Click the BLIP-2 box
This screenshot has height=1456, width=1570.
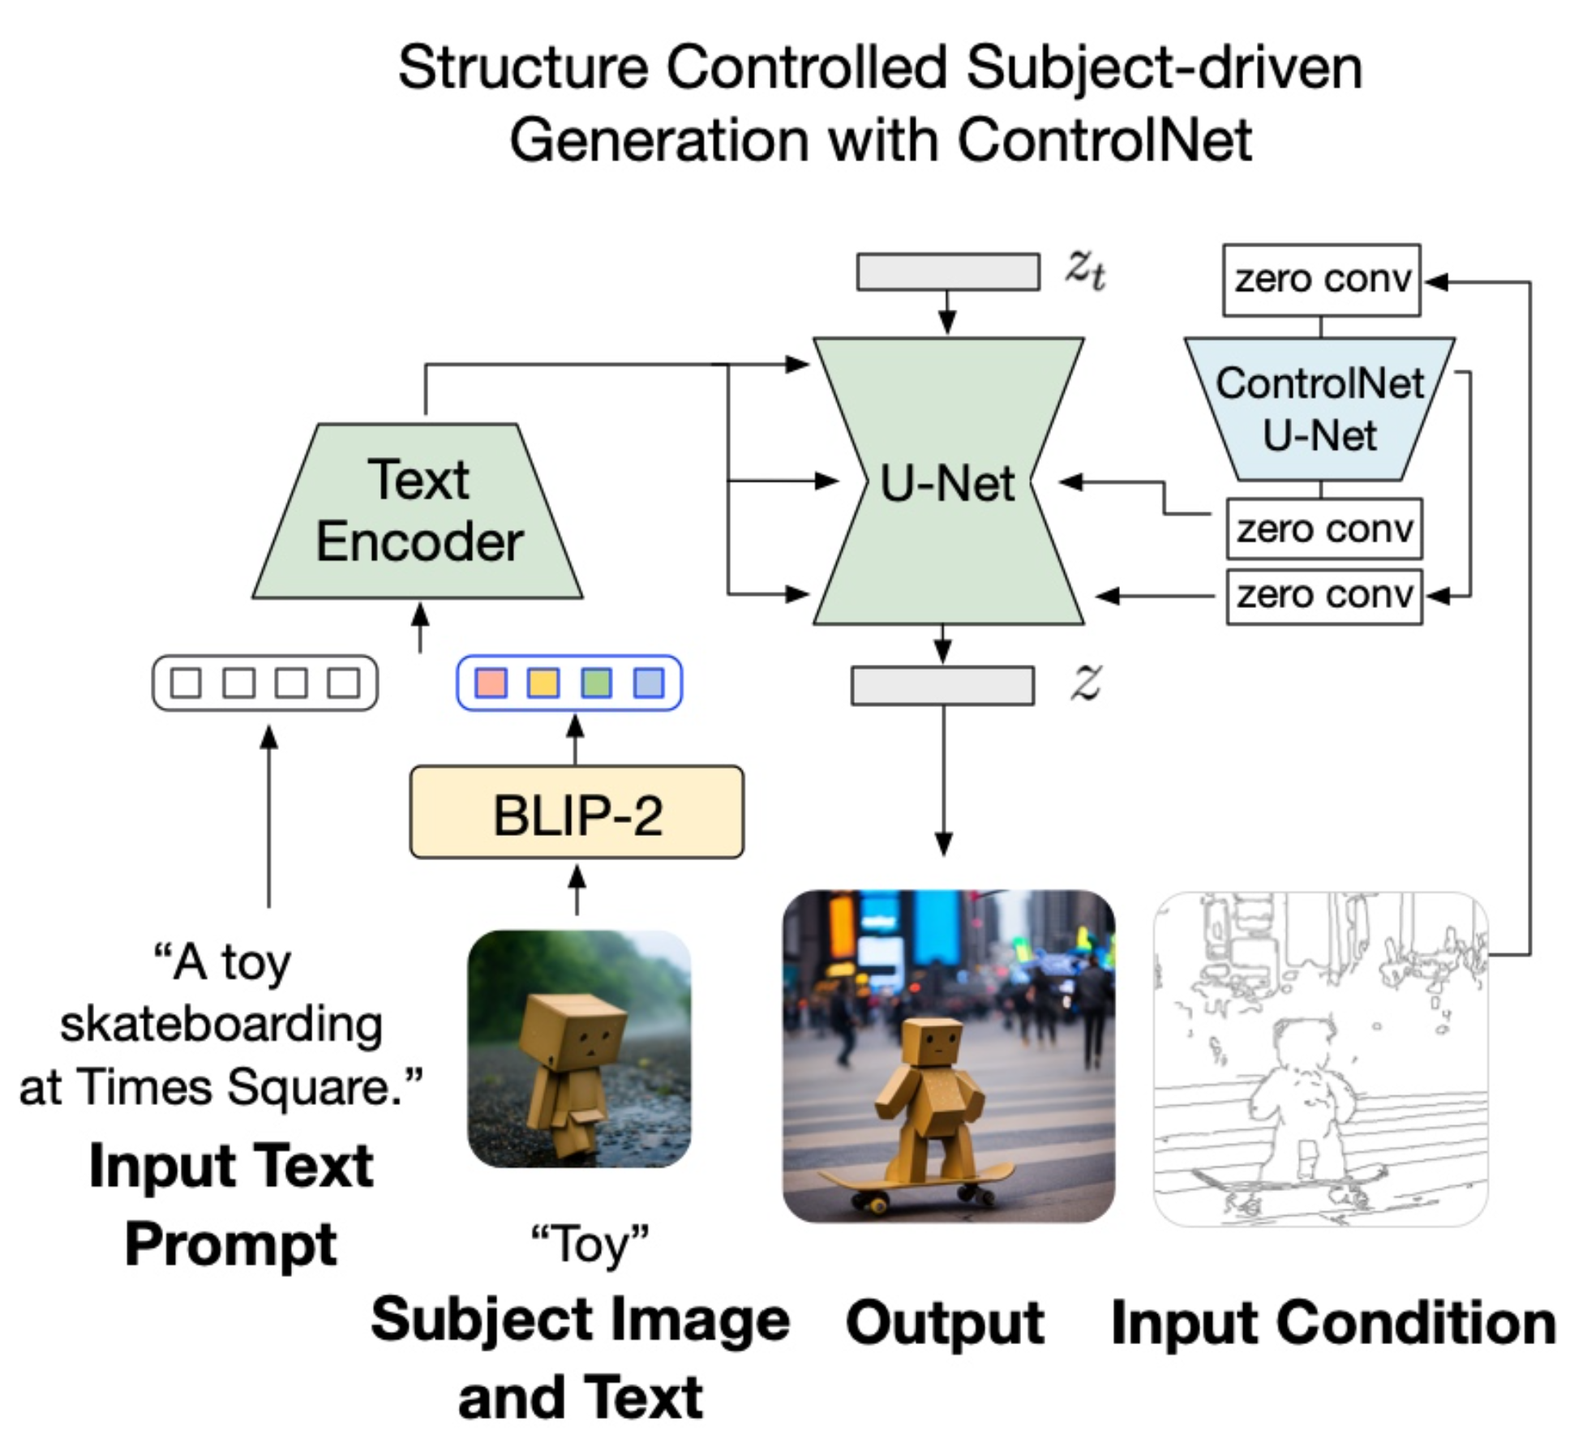click(577, 812)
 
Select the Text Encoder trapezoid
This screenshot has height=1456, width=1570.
click(418, 511)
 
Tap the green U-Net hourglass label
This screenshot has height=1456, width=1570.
click(947, 483)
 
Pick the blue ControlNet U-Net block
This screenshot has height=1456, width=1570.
click(1319, 409)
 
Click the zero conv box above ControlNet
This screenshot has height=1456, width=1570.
click(1321, 280)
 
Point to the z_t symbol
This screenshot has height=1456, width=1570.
click(1085, 269)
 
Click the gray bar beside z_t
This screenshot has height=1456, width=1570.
click(948, 272)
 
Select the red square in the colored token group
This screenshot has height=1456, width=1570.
click(491, 683)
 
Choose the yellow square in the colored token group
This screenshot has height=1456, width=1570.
click(543, 683)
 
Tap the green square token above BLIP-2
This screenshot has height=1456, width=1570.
click(596, 683)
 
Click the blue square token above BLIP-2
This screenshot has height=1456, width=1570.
click(649, 683)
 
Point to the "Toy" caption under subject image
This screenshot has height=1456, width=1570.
click(590, 1244)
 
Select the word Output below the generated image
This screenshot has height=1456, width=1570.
click(945, 1322)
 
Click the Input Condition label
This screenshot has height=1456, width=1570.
click(1333, 1322)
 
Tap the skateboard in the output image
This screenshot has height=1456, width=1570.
click(916, 1180)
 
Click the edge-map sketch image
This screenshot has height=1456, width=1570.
click(1320, 1058)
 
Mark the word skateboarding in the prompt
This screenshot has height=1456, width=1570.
click(221, 1025)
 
